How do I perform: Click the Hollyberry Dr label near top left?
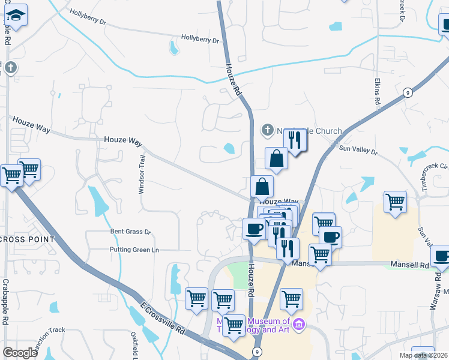pyautogui.click(x=88, y=16)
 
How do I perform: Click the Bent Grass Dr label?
pyautogui.click(x=130, y=232)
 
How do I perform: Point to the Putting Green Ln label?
pyautogui.click(x=134, y=250)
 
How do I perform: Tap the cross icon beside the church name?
pyautogui.click(x=267, y=130)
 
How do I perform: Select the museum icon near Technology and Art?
pyautogui.click(x=300, y=325)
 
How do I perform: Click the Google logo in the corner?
pyautogui.click(x=20, y=353)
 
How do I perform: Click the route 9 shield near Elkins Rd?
pyautogui.click(x=408, y=92)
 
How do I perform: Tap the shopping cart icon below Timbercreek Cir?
pyautogui.click(x=395, y=202)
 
